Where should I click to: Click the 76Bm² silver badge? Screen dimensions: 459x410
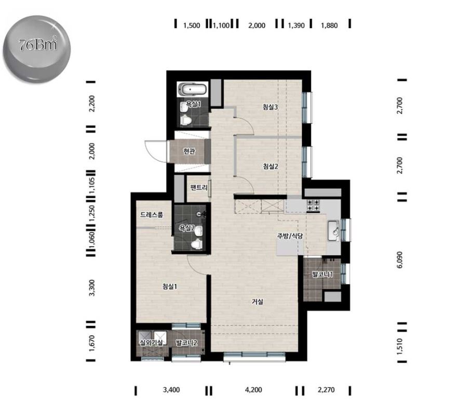point(37,49)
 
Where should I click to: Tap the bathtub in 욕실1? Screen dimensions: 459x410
point(193,89)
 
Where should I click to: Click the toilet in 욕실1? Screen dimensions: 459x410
point(185,120)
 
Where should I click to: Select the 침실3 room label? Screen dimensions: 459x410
point(270,107)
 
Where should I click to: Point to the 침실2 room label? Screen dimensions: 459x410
point(271,166)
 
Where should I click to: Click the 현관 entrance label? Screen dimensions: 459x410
point(189,151)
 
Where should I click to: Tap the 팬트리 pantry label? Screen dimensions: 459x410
point(199,187)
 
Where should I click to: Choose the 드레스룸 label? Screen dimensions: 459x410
point(152,215)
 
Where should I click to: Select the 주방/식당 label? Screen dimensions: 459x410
point(290,236)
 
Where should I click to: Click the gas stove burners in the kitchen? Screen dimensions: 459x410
point(313,206)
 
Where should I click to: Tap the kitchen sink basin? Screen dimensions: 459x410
point(333,230)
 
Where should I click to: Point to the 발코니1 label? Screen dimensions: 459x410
point(322,275)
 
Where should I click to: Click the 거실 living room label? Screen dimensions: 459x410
point(258,301)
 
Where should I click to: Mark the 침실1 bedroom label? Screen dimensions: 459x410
point(170,286)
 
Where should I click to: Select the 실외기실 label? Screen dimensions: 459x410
point(152,342)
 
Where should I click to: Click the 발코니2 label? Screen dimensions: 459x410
point(186,342)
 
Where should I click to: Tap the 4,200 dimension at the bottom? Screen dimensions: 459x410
point(253,390)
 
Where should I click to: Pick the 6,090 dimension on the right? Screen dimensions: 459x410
point(400,260)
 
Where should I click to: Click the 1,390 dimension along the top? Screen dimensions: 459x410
point(296,25)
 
